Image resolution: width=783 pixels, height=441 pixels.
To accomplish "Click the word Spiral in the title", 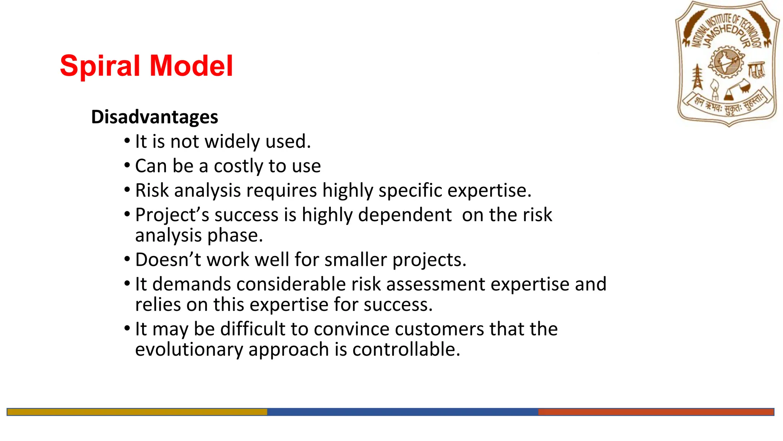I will pyautogui.click(x=100, y=66).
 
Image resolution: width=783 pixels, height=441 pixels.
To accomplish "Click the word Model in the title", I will pyautogui.click(x=191, y=66).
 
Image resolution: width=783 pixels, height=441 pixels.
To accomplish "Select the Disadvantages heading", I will pyautogui.click(x=154, y=117).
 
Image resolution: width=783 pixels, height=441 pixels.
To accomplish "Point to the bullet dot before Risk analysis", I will pyautogui.click(x=127, y=190).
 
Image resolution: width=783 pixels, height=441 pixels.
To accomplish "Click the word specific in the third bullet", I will pyautogui.click(x=410, y=191).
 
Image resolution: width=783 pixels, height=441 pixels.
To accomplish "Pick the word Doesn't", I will pyautogui.click(x=168, y=260).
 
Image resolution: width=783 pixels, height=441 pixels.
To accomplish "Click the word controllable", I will pyautogui.click(x=406, y=350).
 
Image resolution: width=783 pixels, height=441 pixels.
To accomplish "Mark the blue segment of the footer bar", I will pyautogui.click(x=402, y=412).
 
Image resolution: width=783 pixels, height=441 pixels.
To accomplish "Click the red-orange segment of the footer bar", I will pyautogui.click(x=656, y=412).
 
